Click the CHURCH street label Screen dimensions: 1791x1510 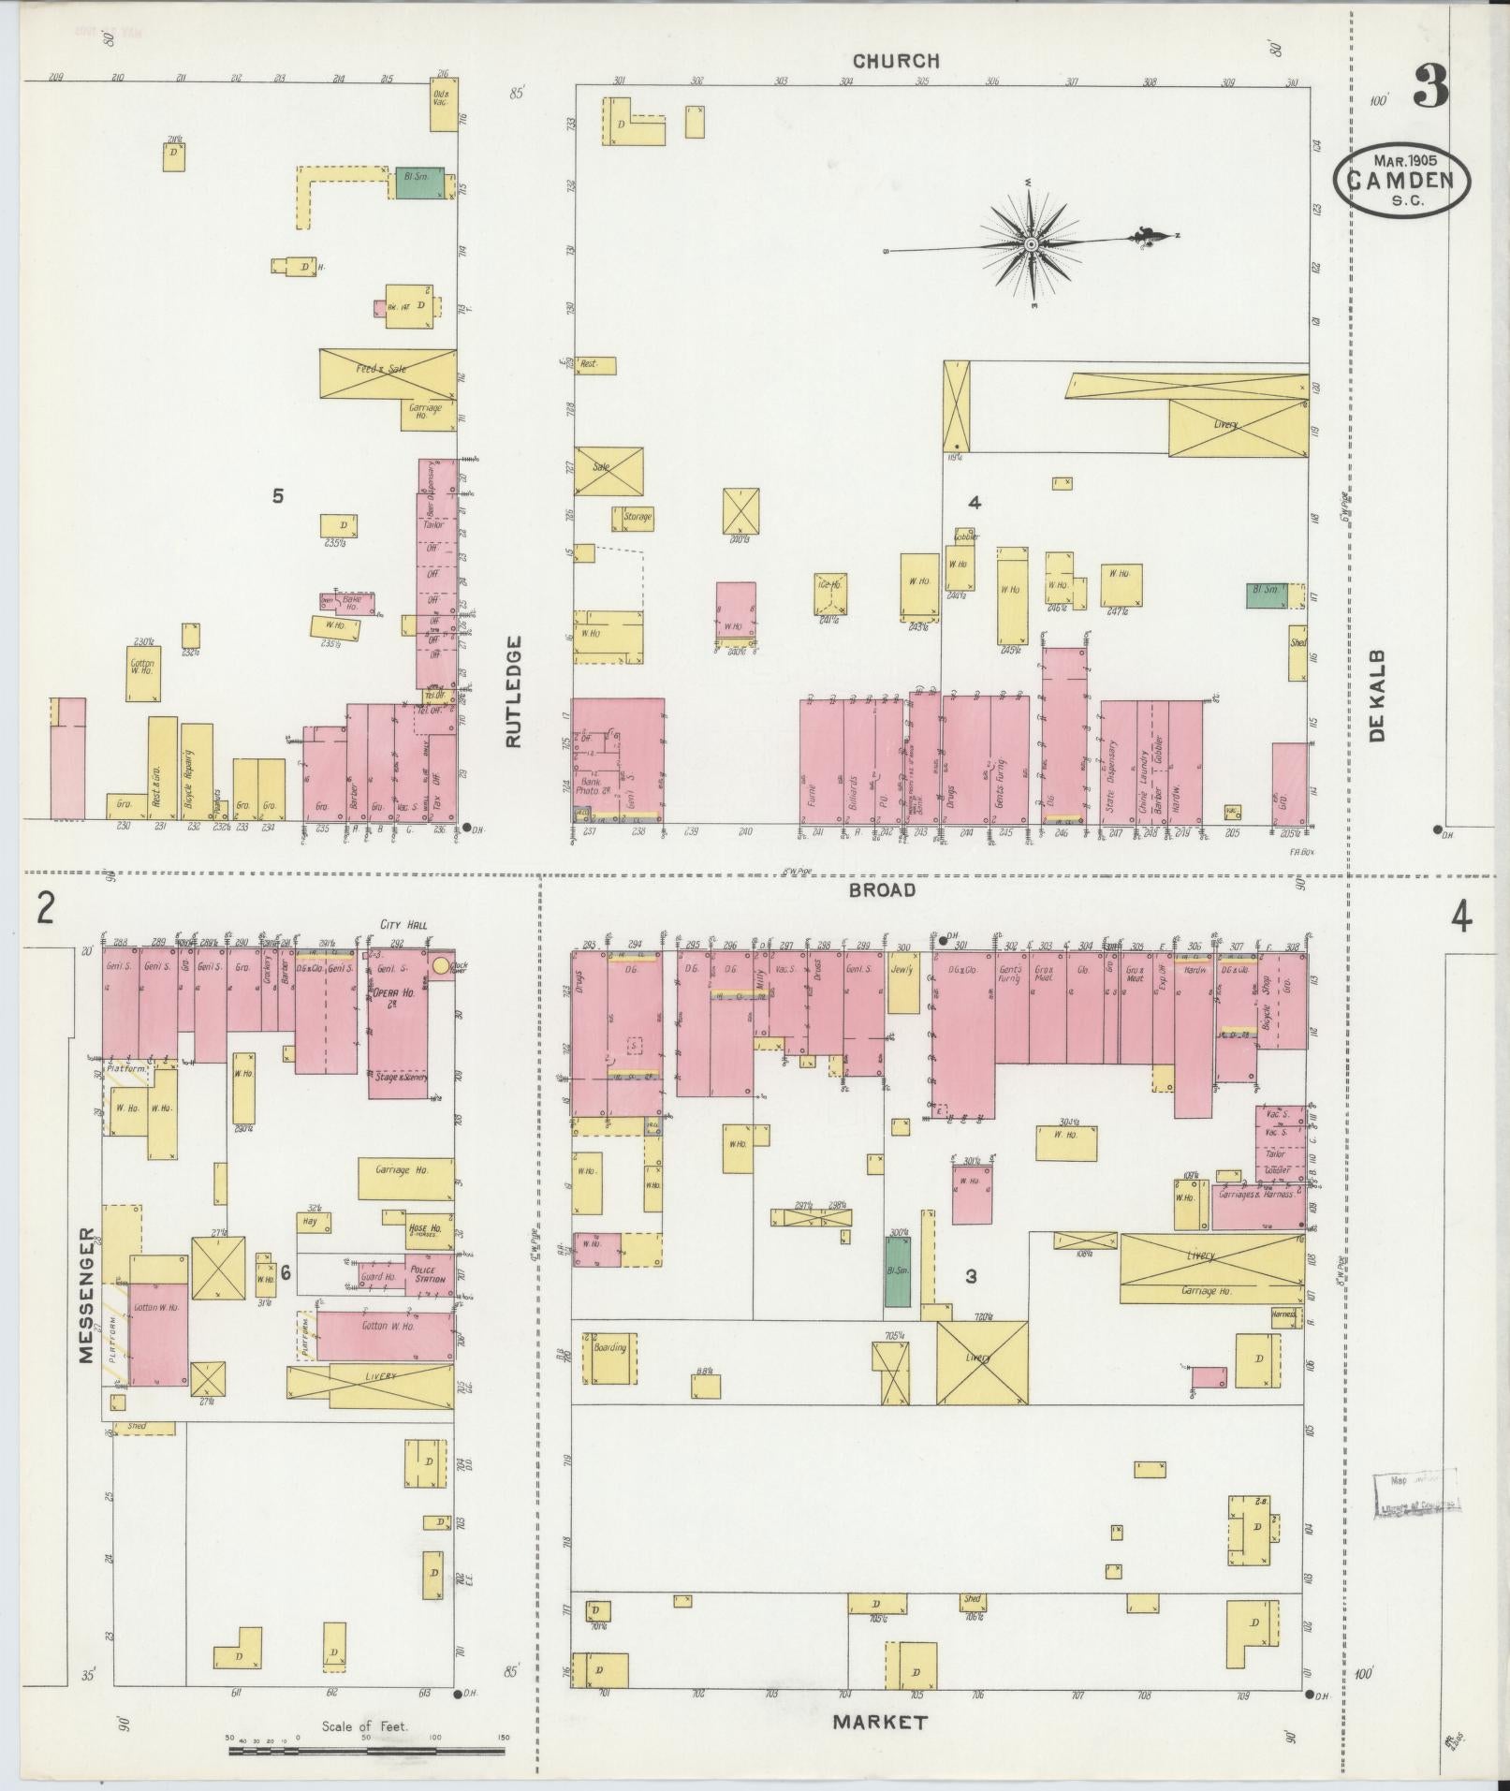tap(895, 61)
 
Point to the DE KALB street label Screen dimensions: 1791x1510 tap(1376, 697)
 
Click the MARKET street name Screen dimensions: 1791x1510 tap(880, 1722)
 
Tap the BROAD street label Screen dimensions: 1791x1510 tap(881, 889)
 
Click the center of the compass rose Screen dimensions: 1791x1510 tap(1031, 244)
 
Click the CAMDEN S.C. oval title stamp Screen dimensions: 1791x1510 tap(1401, 181)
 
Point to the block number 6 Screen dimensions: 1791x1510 tap(286, 1272)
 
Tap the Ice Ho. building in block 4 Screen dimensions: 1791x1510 tap(829, 594)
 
